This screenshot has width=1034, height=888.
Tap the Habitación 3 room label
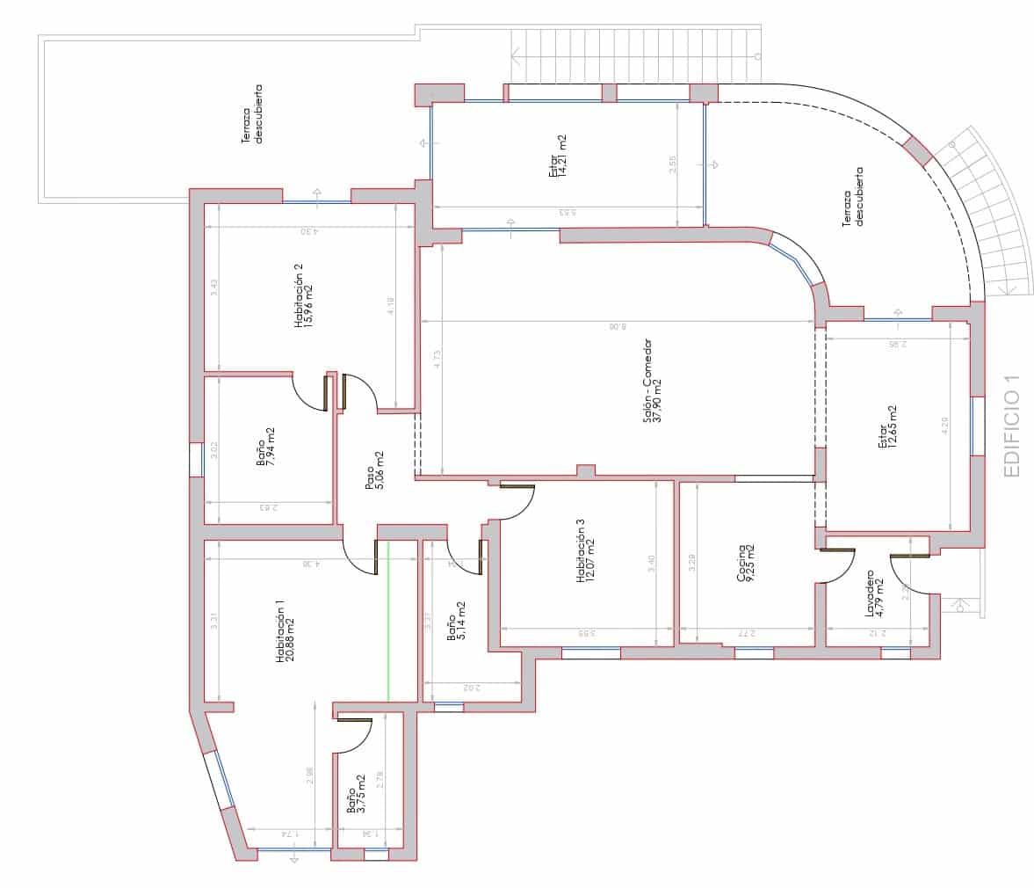tap(580, 551)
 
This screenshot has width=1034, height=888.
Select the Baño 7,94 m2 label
tap(265, 448)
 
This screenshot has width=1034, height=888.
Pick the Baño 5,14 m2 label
tap(457, 622)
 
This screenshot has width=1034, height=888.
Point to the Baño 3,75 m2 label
tap(356, 795)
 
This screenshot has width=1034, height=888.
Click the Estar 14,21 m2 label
tap(557, 156)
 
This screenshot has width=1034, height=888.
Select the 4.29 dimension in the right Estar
tap(944, 426)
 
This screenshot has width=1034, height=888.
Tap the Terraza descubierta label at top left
tap(251, 113)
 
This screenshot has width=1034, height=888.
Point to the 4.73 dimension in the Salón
tap(437, 360)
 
